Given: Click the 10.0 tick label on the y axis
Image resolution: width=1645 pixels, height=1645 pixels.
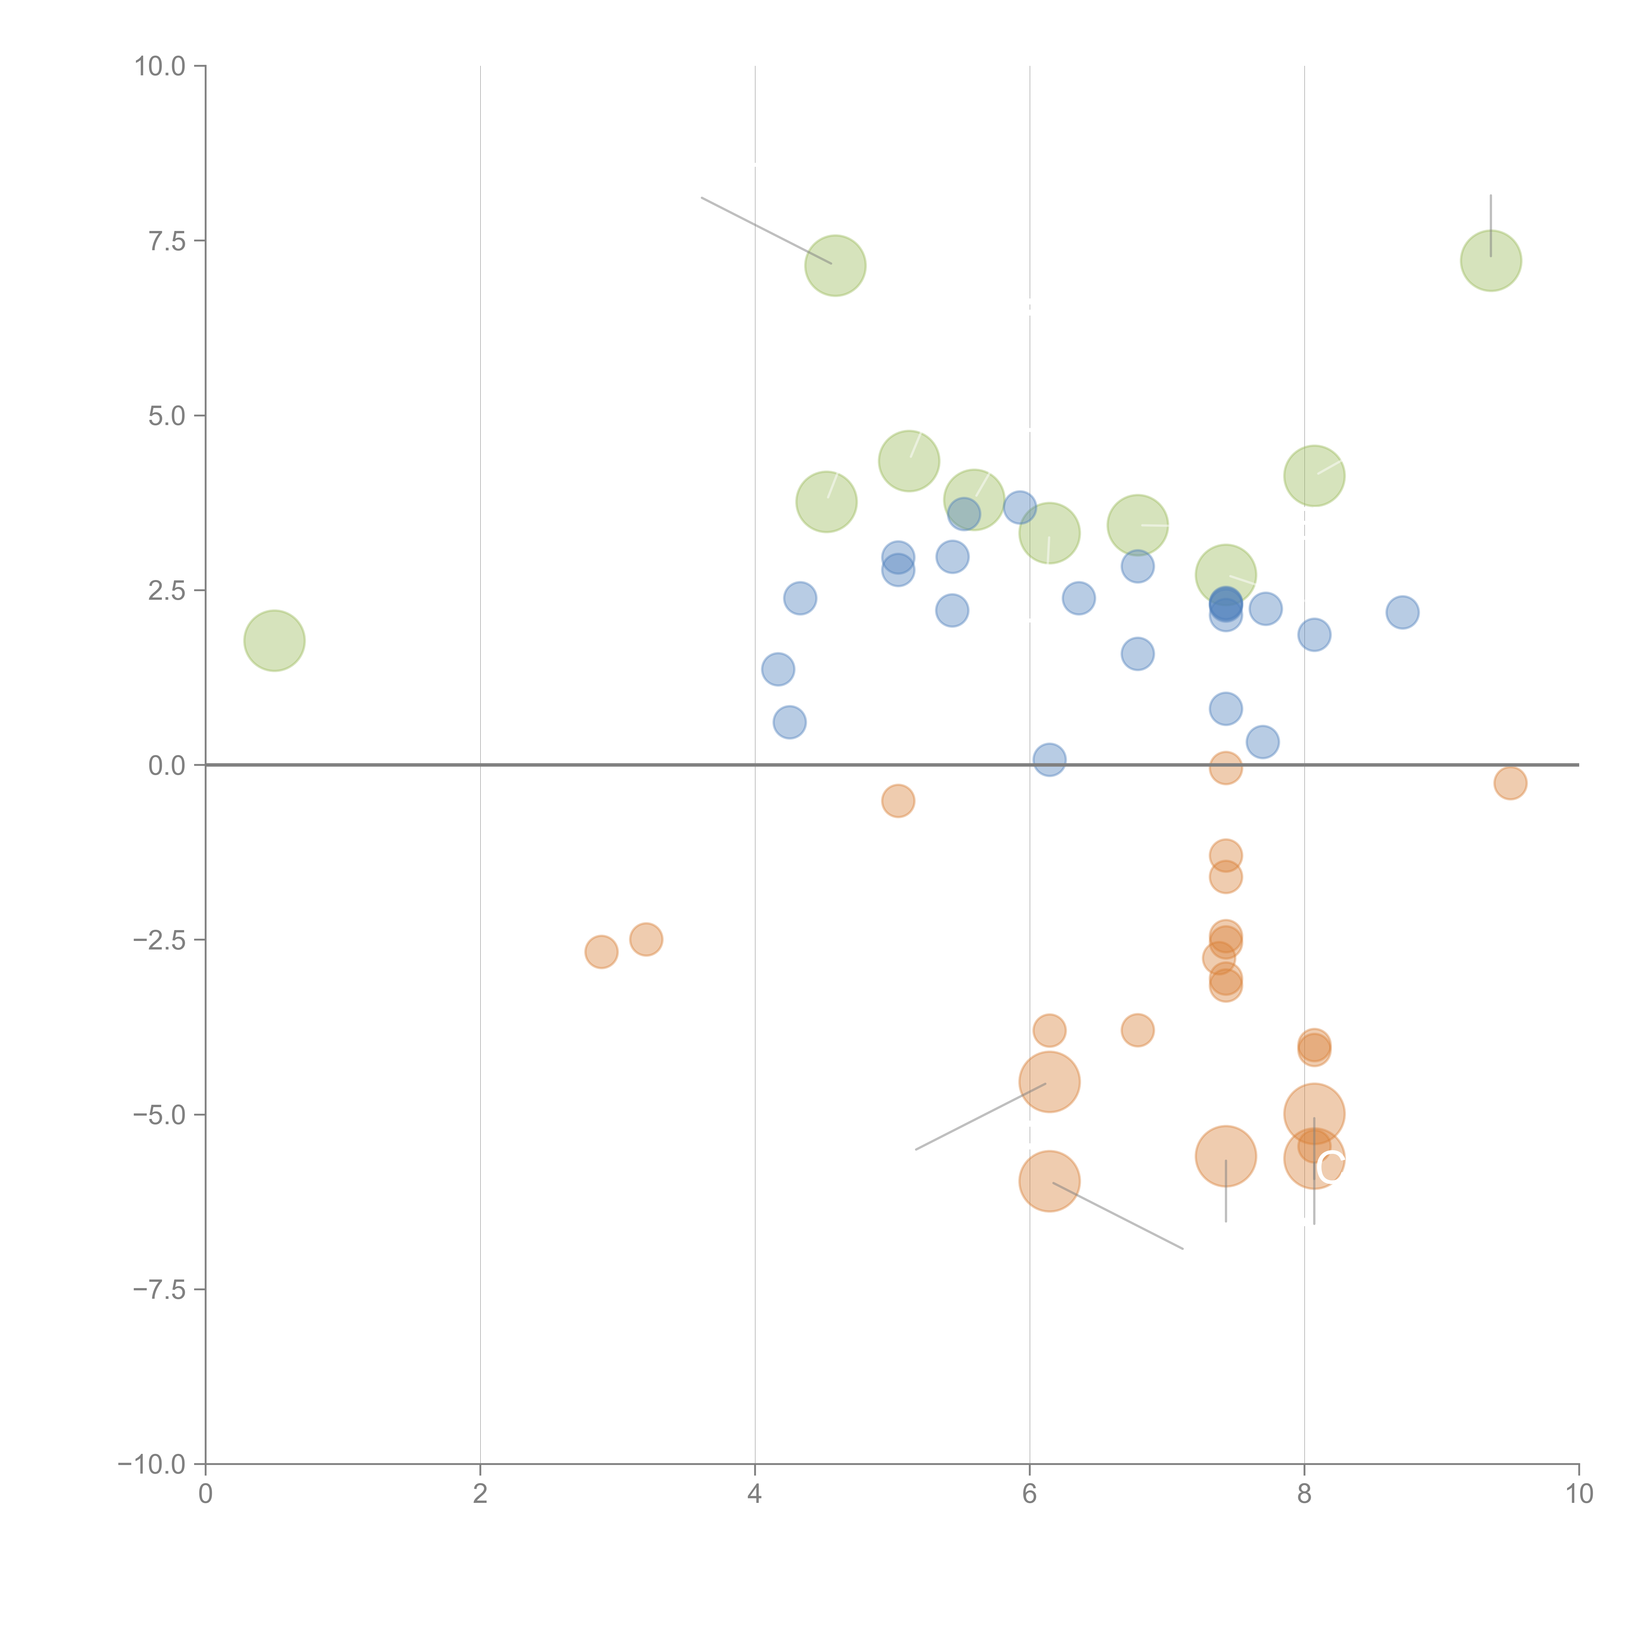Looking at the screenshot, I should pos(160,66).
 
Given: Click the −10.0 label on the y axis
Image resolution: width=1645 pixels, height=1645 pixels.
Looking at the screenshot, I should pos(152,1464).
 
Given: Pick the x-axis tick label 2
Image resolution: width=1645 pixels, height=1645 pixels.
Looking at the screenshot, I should pos(480,1494).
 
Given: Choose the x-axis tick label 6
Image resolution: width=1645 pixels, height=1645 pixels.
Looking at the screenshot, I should pos(1029,1494).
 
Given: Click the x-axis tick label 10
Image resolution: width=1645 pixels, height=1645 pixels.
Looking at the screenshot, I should pos(1579,1494).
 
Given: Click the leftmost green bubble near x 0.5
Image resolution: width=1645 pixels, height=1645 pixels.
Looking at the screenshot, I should pos(274,640).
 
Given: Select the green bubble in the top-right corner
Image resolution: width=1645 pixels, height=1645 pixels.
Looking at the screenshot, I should pos(1491,261).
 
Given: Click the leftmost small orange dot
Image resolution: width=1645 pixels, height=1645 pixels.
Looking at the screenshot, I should pos(601,952).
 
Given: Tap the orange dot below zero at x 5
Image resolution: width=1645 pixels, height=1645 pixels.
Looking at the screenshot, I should pos(898,800).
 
